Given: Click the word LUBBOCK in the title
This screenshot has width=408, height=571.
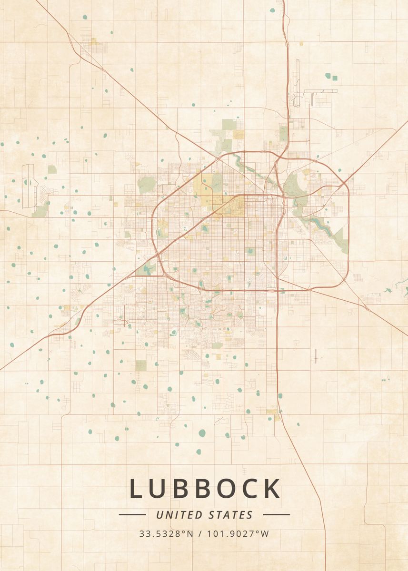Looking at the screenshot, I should coord(205,489).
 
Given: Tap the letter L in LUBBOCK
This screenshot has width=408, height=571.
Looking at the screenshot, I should coord(135,489).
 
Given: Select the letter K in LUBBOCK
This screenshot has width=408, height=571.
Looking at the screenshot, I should coord(273,489).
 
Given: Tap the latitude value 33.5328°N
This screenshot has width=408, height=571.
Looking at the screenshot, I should coord(166,534).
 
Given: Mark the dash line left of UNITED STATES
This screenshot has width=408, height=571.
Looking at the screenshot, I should coord(132,514).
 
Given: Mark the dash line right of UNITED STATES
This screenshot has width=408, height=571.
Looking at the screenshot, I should coord(276,514).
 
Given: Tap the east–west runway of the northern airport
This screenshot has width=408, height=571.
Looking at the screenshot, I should coord(320,91).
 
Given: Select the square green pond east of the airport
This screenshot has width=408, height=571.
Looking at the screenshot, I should coord(335,78).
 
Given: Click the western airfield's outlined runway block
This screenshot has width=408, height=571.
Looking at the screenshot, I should coord(29,186).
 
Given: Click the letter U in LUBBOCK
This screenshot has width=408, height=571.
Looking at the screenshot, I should coord(158,489).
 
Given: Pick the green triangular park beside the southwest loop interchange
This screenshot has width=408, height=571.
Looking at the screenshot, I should coord(148,269).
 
